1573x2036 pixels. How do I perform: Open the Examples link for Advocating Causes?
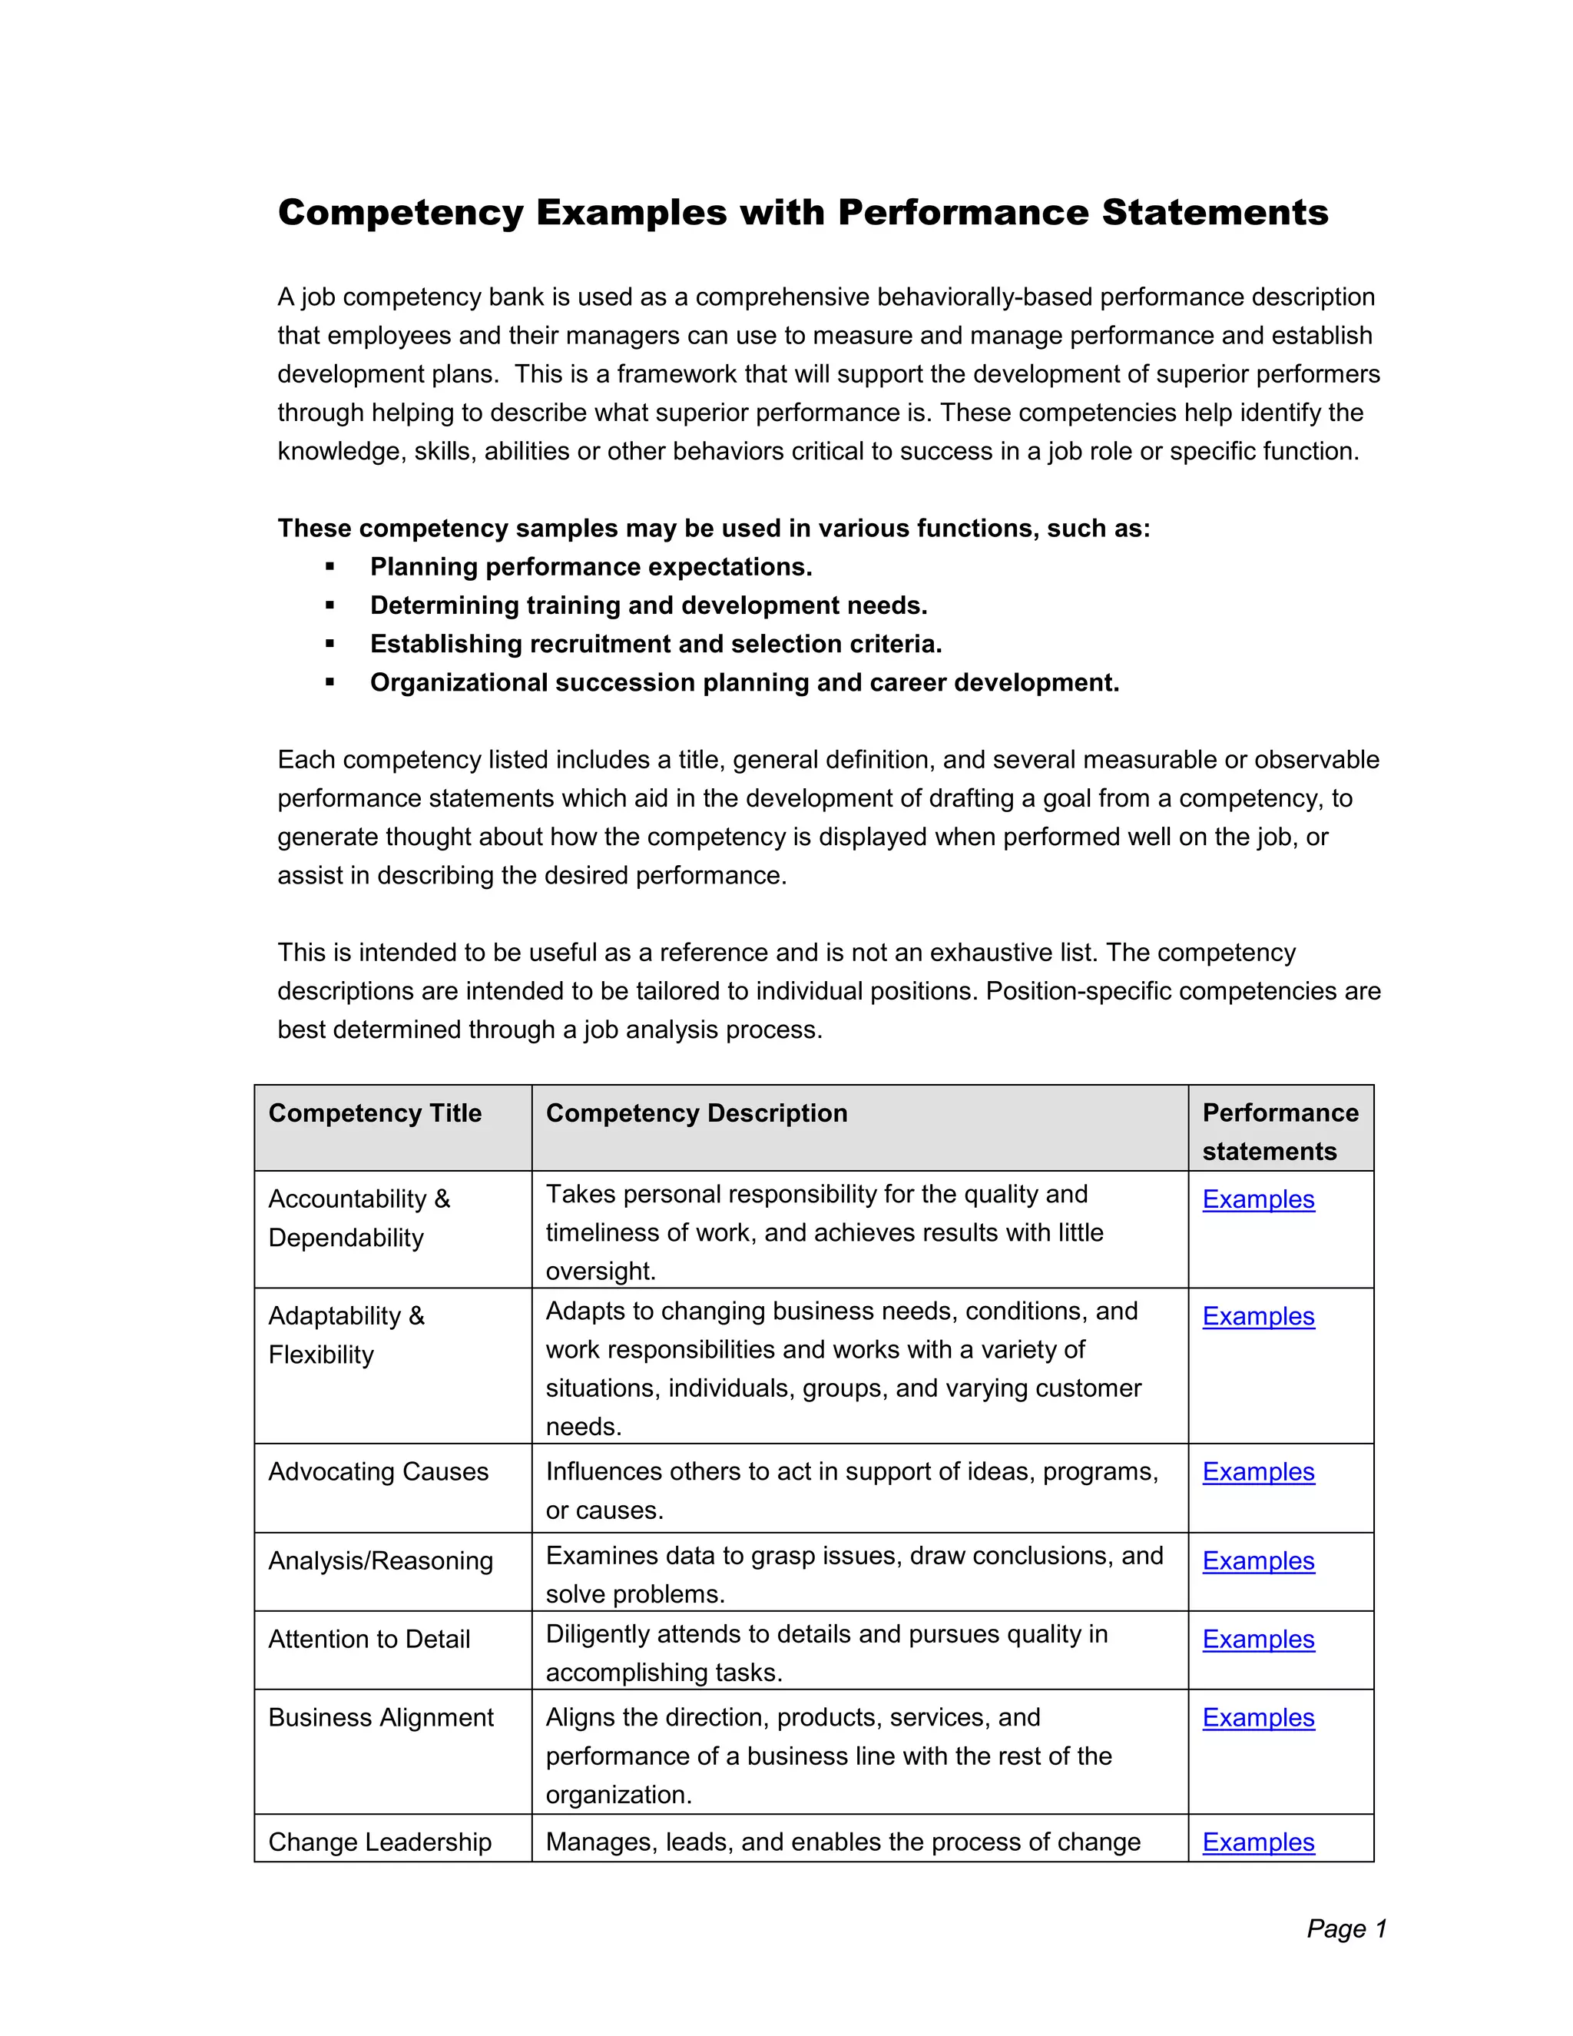[x=1258, y=1471]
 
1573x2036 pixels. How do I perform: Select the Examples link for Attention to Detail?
[x=1258, y=1639]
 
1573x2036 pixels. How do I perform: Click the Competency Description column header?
[x=696, y=1113]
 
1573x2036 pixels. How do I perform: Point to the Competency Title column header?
[x=375, y=1113]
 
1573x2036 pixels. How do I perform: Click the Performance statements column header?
[x=1280, y=1131]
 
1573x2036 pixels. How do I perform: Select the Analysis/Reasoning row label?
[x=380, y=1560]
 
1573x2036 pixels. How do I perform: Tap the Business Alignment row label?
[x=380, y=1717]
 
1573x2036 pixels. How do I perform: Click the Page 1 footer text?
[x=1346, y=1928]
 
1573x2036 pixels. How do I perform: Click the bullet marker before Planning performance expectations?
[x=330, y=567]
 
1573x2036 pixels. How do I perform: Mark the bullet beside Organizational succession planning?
[x=330, y=682]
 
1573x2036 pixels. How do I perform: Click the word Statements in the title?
[x=1215, y=213]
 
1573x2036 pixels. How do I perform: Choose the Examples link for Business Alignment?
[x=1258, y=1717]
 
